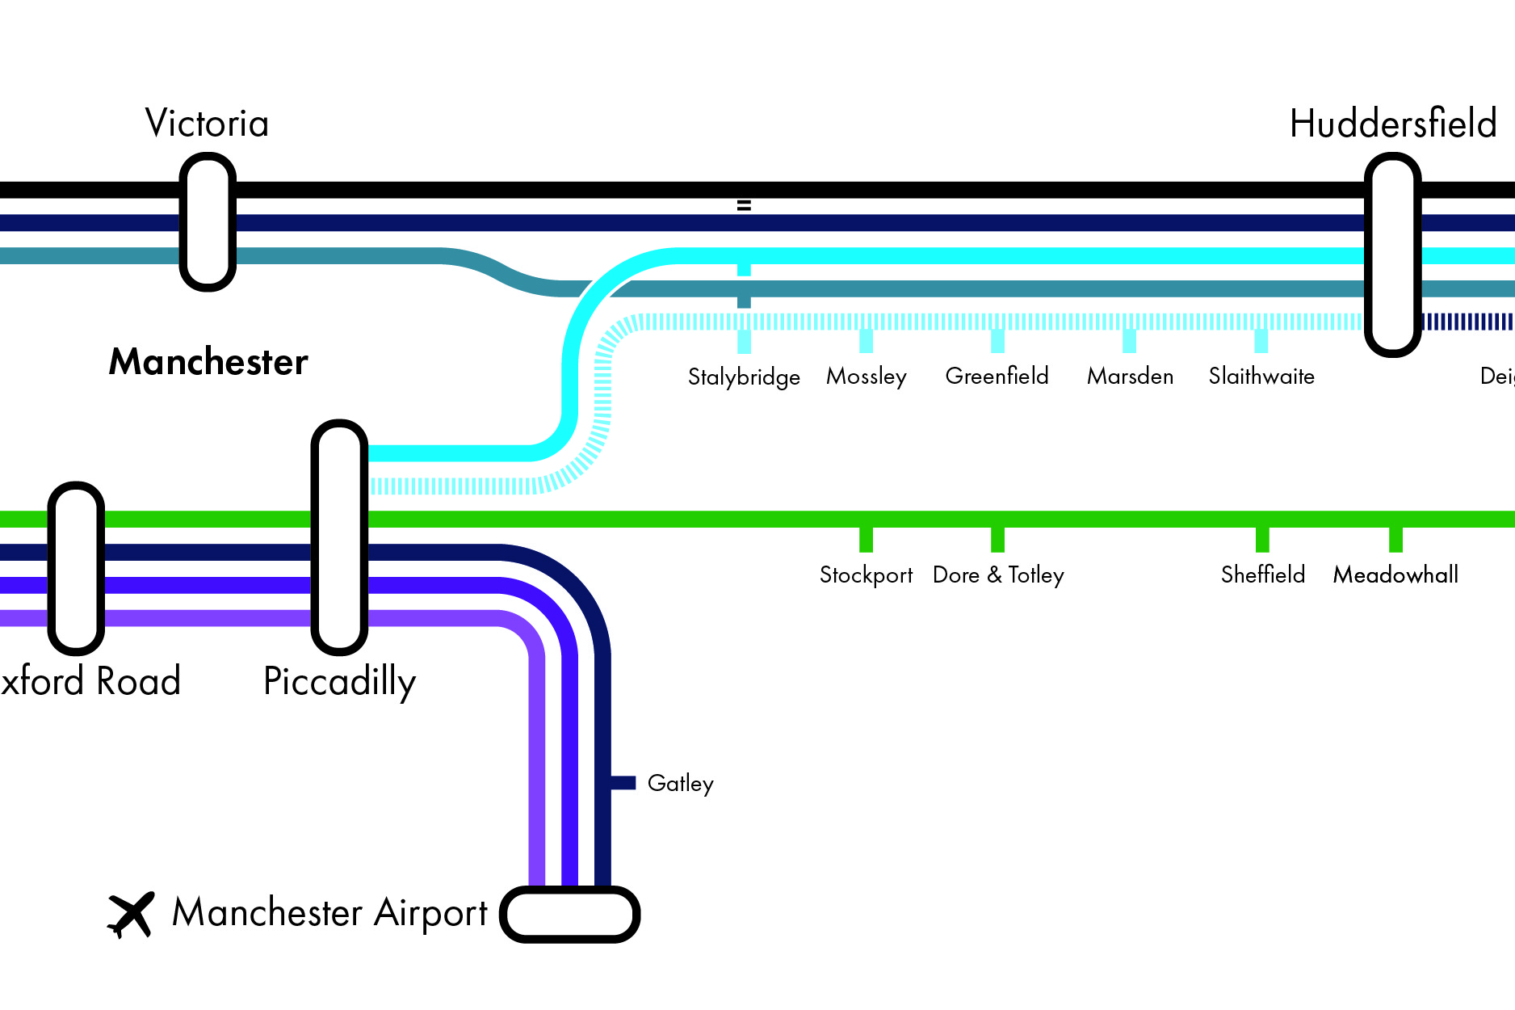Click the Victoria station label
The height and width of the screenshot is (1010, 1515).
pos(207,124)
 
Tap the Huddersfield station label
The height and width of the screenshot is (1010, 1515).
pos(1393,124)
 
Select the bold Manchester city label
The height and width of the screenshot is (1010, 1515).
pos(208,362)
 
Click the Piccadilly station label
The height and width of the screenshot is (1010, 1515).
pos(339,681)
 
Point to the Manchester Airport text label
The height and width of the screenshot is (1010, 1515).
pos(329,913)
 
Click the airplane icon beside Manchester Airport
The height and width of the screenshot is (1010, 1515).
pos(131,915)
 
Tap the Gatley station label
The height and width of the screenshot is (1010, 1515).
pos(680,783)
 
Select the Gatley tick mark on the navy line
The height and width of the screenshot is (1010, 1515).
pos(623,782)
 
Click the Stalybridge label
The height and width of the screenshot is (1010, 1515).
pos(744,377)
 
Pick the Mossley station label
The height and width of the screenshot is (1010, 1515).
pos(867,377)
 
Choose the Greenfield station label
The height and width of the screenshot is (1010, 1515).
pos(997,376)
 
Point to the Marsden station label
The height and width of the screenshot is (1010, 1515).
pos(1130,376)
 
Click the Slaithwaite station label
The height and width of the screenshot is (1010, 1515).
pos(1261,376)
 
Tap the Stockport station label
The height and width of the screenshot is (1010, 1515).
pos(866,574)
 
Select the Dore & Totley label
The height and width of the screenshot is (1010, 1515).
pos(998,574)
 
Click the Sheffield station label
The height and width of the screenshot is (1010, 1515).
pos(1263,574)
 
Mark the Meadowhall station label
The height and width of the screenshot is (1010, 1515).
pos(1395,574)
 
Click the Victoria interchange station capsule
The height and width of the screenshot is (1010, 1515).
pos(208,222)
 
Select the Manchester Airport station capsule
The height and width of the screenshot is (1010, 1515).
pos(570,914)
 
